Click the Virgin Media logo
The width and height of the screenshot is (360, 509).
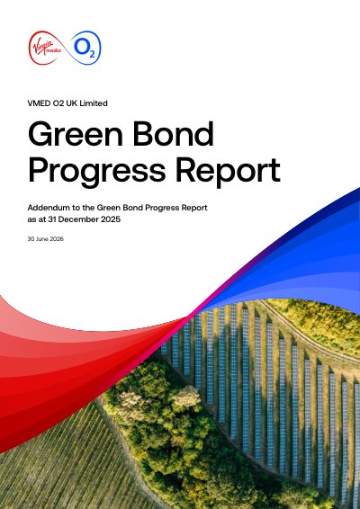point(45,48)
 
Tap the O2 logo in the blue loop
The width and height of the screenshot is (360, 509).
point(85,48)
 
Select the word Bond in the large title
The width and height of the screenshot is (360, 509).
point(173,134)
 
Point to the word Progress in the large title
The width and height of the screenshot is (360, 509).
point(97,172)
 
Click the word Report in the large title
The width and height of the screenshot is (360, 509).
point(228,172)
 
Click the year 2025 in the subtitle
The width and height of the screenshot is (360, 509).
point(111,219)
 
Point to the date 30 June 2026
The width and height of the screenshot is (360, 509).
point(46,239)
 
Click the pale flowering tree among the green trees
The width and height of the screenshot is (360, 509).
point(185,397)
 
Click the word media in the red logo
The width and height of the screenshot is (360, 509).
point(52,50)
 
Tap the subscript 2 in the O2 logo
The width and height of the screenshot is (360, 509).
point(92,54)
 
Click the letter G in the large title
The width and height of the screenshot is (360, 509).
point(39,134)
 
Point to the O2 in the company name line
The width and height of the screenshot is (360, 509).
point(58,103)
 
